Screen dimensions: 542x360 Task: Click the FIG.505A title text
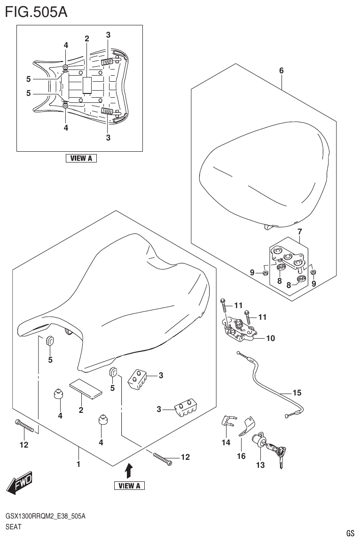tap(36, 11)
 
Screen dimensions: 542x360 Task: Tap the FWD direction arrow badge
tap(20, 482)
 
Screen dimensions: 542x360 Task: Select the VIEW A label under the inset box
tap(81, 158)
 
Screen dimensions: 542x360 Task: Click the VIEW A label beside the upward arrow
tap(129, 485)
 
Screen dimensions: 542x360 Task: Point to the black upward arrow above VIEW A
tap(129, 470)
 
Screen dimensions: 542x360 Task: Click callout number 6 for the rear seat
tap(281, 70)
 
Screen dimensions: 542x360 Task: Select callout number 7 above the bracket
tap(299, 231)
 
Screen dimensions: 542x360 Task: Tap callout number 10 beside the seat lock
tap(270, 338)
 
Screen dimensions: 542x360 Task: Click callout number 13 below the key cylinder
tap(260, 465)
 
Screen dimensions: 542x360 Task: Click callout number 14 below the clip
tap(226, 442)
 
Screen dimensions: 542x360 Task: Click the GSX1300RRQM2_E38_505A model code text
tap(45, 516)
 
